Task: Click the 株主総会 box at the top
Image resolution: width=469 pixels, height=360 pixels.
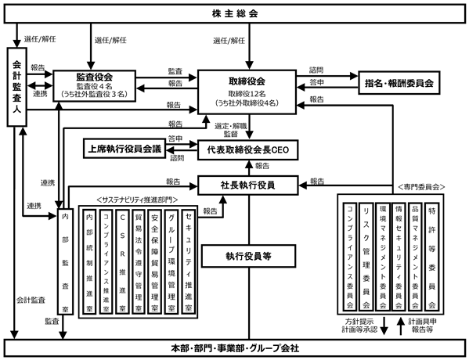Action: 235,14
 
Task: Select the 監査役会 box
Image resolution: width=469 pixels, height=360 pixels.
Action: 95,86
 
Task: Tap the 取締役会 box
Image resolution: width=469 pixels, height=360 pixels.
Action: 247,92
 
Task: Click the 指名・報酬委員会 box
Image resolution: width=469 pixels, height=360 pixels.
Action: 399,83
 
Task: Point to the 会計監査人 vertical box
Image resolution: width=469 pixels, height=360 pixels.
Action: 17,87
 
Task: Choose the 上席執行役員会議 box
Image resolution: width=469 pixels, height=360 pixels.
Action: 124,149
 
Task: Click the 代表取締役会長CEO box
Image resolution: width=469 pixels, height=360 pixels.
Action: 247,149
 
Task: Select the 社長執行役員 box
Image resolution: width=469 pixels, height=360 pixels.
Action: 247,185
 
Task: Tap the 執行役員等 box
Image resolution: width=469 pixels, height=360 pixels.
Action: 248,256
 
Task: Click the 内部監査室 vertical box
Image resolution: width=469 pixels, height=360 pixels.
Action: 65,261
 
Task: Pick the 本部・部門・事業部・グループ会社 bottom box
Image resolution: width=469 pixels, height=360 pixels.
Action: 235,348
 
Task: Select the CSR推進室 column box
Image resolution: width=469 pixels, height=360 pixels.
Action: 122,261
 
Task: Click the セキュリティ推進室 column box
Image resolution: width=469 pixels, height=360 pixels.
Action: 188,261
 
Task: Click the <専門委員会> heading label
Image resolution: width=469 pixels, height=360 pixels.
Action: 421,187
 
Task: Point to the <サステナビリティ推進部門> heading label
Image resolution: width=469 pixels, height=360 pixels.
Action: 137,200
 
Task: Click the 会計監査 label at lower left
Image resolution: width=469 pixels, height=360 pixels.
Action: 31,300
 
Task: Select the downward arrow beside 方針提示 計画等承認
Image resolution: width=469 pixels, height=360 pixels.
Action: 384,326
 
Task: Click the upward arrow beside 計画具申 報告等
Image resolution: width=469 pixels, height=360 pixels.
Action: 401,326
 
